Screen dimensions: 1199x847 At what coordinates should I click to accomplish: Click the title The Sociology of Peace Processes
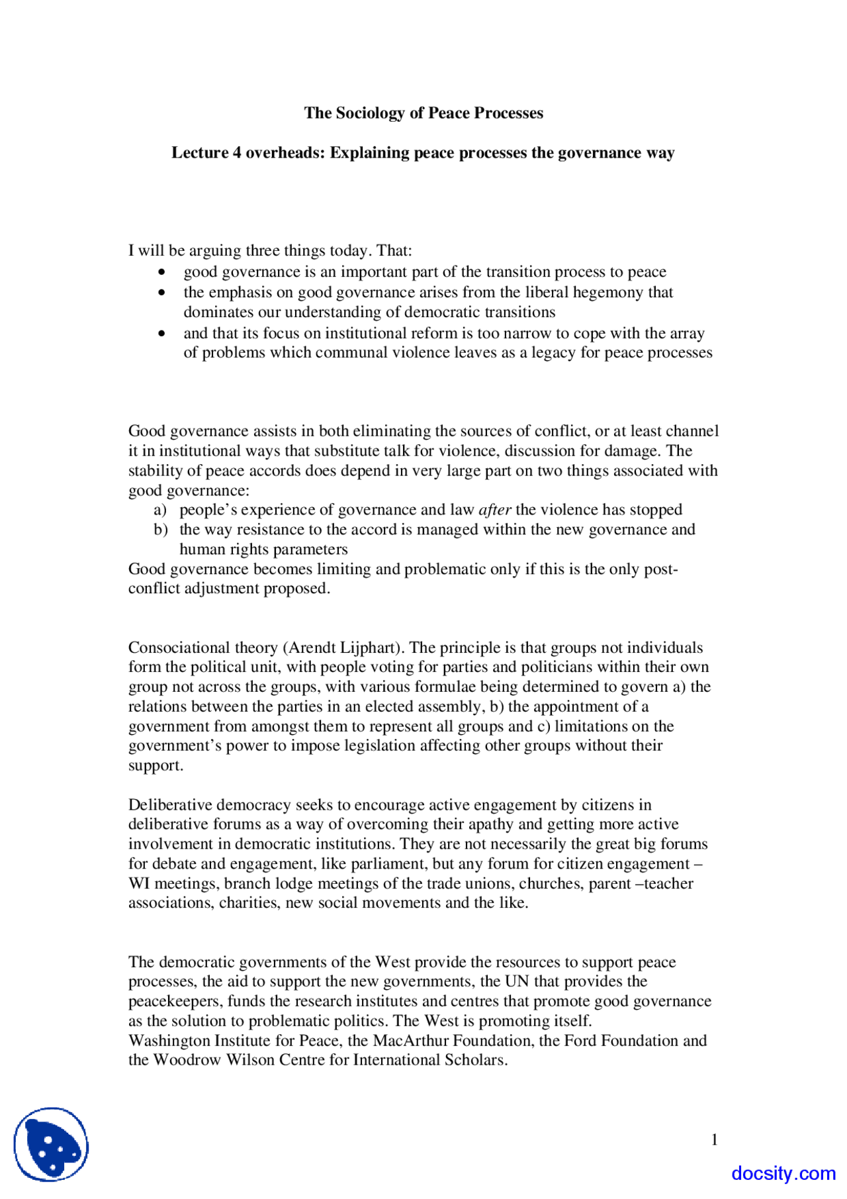(423, 113)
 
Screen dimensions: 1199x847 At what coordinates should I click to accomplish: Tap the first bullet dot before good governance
(162, 272)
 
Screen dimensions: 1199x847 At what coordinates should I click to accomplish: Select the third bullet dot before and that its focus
(162, 334)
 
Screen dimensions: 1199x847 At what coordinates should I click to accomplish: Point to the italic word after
(494, 510)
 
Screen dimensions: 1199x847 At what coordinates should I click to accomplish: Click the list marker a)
(160, 510)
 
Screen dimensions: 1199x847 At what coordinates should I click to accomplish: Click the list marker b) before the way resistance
(160, 530)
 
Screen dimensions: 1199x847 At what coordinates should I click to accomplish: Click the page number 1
(714, 1139)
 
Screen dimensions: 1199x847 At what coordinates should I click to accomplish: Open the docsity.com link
(783, 1173)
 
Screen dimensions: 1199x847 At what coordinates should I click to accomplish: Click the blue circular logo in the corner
(51, 1144)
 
